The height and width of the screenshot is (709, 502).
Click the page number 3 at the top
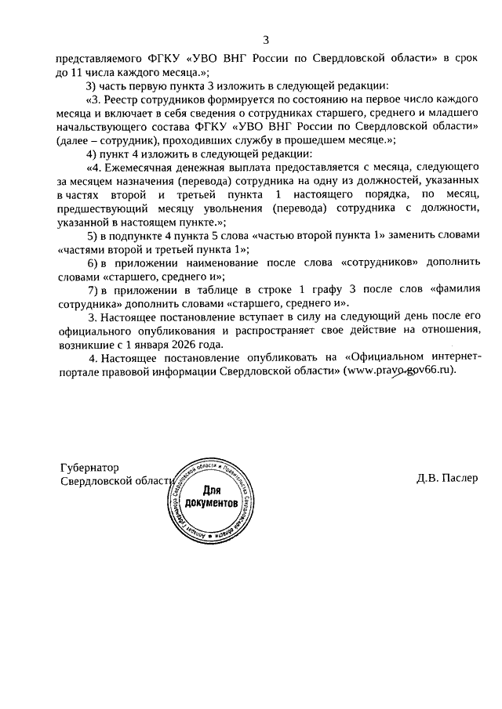click(x=266, y=40)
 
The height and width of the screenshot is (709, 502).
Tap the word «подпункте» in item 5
click(x=139, y=235)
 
